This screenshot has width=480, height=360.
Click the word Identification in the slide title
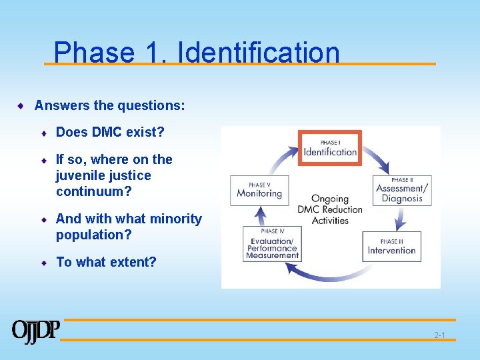click(259, 53)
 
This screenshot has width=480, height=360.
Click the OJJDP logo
click(35, 331)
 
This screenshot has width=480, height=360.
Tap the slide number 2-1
click(439, 335)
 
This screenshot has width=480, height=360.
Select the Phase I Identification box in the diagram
click(329, 148)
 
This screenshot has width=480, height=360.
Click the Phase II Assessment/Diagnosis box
click(401, 189)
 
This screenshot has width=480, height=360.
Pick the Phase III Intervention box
click(391, 246)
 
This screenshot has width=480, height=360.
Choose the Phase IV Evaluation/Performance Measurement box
click(271, 244)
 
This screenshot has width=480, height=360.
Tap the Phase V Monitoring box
click(259, 191)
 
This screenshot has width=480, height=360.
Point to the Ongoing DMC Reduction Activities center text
click(329, 209)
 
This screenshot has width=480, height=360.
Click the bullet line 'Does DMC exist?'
click(110, 132)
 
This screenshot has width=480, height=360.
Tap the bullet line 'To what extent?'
click(106, 262)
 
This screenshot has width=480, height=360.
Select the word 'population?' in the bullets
click(94, 235)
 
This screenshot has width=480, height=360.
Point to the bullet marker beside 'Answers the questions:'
click(21, 105)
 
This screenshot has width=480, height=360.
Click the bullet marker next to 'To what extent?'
click(44, 263)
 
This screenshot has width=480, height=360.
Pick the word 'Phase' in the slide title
click(93, 53)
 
